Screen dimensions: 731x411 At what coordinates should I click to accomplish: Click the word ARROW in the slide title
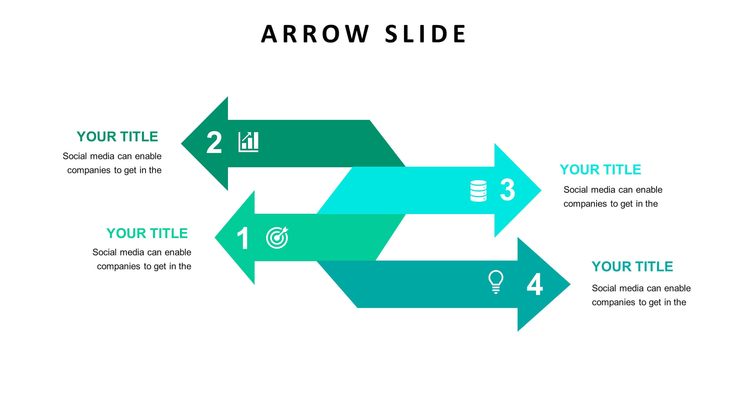tap(315, 34)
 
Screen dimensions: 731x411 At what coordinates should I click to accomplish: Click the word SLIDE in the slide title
tap(425, 34)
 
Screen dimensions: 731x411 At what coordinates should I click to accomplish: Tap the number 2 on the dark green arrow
tap(214, 142)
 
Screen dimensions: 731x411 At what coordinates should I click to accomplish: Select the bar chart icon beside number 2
tap(249, 142)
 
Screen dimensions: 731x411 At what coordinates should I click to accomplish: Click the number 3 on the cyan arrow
tap(508, 190)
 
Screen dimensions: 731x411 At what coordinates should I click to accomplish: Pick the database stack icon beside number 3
tap(478, 191)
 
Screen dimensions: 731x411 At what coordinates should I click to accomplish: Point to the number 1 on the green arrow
tap(243, 238)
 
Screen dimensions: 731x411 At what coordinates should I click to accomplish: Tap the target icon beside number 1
tap(277, 237)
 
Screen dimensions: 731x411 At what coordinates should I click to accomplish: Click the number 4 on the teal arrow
tap(535, 284)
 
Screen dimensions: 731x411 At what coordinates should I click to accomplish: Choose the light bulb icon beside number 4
tap(496, 282)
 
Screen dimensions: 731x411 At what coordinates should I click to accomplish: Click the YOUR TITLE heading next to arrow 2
tap(117, 137)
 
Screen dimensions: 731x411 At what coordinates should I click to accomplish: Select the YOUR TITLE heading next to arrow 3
tap(600, 170)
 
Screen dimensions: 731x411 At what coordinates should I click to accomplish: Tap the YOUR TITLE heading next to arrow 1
tap(147, 233)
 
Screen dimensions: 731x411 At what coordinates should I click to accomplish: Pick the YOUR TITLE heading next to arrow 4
tap(632, 267)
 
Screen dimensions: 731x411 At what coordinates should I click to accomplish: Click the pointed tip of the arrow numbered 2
tap(181, 144)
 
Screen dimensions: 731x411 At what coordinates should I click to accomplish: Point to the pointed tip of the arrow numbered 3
tap(541, 190)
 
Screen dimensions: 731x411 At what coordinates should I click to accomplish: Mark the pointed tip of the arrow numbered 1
tap(215, 237)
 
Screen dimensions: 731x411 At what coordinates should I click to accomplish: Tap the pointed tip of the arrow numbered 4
tap(570, 284)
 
